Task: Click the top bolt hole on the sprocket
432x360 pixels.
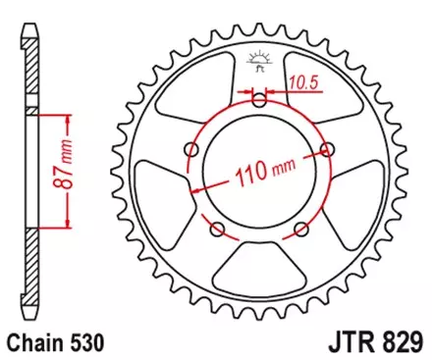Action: [258, 100]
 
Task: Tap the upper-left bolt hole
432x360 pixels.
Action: [193, 149]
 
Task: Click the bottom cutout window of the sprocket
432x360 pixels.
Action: [258, 276]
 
